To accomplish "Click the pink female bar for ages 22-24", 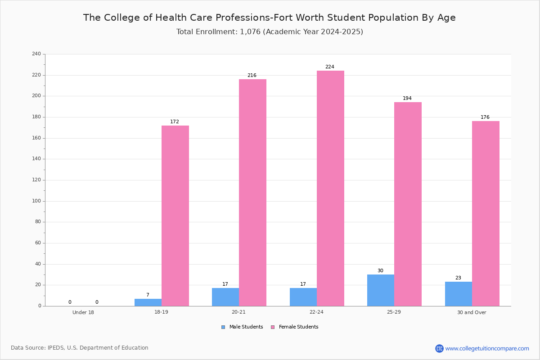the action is point(330,188).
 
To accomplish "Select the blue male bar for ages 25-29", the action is point(381,290).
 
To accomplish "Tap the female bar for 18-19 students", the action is point(175,216).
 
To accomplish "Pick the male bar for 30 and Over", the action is point(459,294).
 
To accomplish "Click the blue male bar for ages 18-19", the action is point(148,302).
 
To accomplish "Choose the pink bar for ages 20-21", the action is point(252,193).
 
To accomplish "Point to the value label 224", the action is point(330,67).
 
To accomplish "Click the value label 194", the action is point(407,98).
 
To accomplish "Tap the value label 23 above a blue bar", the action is point(458,278).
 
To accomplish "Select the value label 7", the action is point(148,295).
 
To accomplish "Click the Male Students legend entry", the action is point(242,327).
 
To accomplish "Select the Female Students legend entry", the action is point(295,327).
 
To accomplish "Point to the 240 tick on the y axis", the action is point(36,54).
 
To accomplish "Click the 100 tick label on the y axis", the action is point(36,201).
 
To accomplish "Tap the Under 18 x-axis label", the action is point(83,312).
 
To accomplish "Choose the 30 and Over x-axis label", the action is point(472,312).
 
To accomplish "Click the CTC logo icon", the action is point(439,348).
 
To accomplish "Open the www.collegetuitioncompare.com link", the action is point(487,349).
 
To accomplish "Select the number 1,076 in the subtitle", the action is point(250,32).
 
